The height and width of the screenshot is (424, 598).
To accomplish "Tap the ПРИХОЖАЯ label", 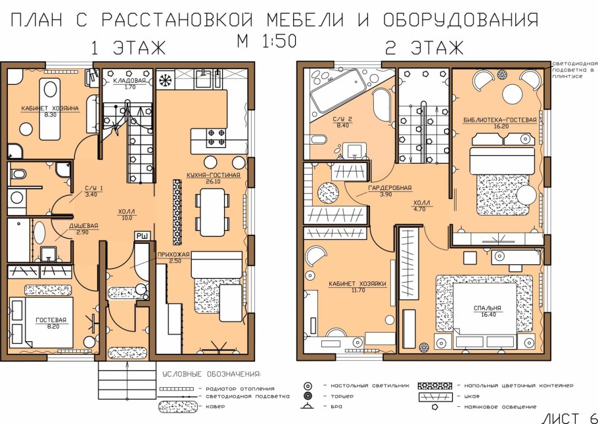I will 173,254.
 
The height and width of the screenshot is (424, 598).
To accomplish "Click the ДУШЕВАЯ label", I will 83,225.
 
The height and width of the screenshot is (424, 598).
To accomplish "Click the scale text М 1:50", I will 267,41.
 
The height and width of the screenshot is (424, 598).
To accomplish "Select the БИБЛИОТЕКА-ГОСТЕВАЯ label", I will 500,120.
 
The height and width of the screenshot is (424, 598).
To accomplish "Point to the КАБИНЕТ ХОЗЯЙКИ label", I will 357,283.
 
